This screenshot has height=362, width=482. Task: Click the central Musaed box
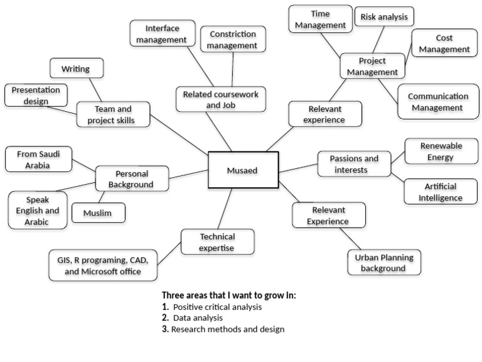tap(244, 170)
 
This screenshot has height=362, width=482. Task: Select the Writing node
tap(77, 68)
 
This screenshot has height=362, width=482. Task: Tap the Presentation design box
tap(36, 95)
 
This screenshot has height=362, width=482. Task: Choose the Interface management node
tap(163, 33)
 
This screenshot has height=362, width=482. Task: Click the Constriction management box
tap(233, 39)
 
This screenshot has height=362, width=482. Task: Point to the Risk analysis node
tap(384, 16)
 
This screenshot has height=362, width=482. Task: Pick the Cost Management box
tap(444, 43)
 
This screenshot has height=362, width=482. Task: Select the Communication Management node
tap(438, 102)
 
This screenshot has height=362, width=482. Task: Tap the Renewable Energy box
tap(441, 151)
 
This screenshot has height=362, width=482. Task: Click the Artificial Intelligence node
tap(441, 192)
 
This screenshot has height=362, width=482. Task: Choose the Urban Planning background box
tap(384, 262)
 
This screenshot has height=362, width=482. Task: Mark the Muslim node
tap(99, 212)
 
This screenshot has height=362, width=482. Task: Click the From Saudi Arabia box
tap(38, 159)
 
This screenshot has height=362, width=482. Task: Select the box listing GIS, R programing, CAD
tap(103, 265)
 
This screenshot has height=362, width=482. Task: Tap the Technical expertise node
tap(218, 241)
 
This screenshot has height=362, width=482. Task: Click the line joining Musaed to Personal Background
tap(188, 174)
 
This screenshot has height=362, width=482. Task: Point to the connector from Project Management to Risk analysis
tap(378, 40)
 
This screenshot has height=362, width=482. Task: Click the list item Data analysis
tap(198, 317)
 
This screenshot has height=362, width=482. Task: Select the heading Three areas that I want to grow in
tap(229, 295)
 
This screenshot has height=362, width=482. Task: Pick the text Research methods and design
tap(228, 329)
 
